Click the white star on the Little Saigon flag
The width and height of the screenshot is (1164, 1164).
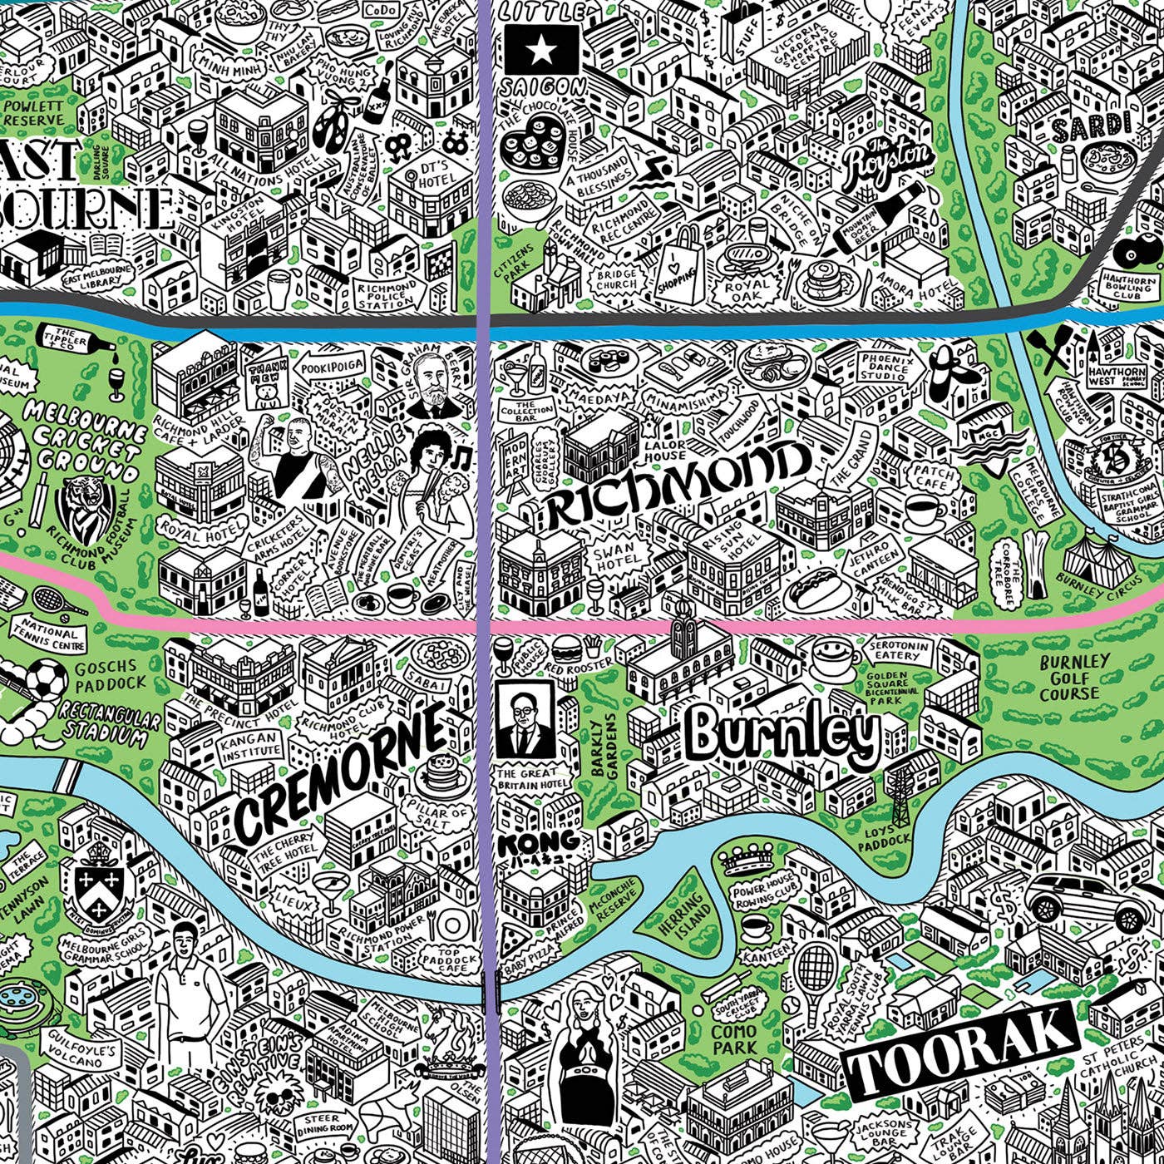[x=541, y=52]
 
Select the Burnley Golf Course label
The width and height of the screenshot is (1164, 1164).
[x=1074, y=677]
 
